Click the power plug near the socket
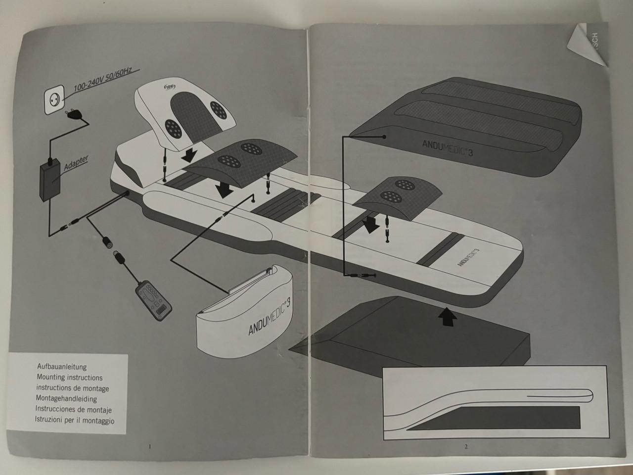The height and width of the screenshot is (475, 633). [x=75, y=113]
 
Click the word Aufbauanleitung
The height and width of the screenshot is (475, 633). [x=62, y=367]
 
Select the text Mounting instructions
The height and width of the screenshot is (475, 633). [x=69, y=378]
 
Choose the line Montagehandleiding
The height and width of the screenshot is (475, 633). [x=66, y=399]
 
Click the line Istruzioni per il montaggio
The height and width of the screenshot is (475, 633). [x=74, y=420]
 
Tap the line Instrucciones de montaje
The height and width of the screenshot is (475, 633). [x=74, y=410]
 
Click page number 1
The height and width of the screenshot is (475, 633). [x=149, y=446]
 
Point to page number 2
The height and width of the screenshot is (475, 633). [x=466, y=446]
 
